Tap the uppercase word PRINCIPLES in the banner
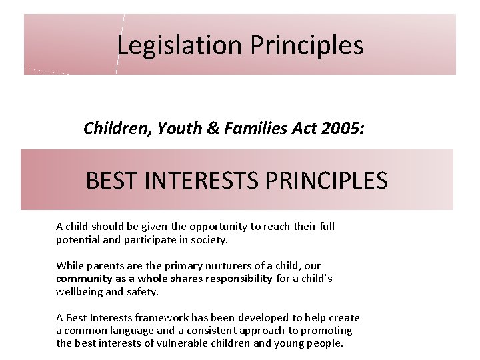[335, 180]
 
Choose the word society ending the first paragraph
[209, 239]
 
